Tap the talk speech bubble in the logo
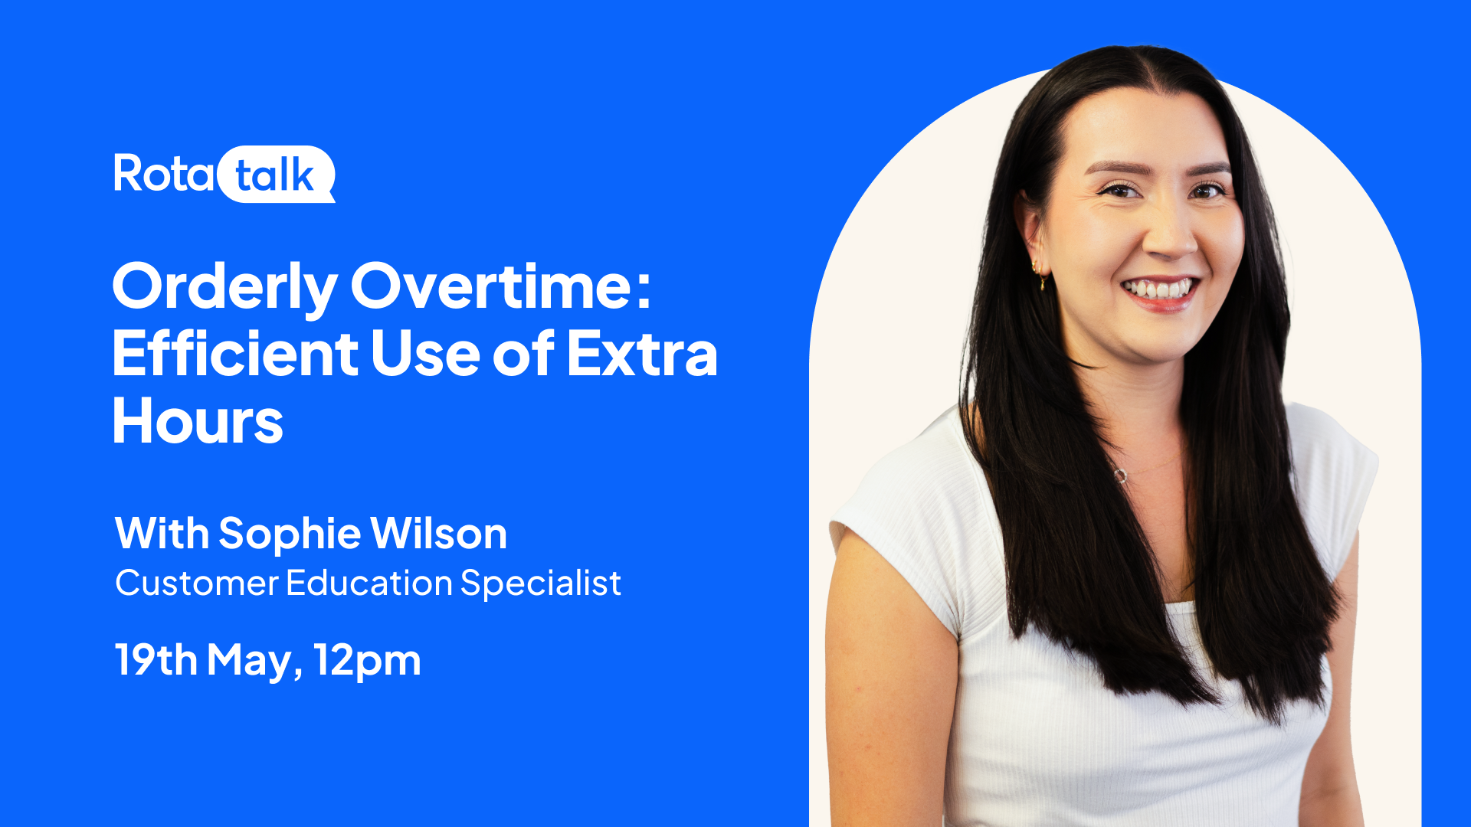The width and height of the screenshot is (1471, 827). tap(277, 174)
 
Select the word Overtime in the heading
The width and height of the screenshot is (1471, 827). tap(491, 286)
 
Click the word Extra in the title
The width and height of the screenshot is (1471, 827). tap(642, 354)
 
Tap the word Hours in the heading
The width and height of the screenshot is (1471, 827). tap(198, 421)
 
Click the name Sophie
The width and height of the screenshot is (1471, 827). tap(290, 534)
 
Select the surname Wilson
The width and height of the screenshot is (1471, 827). tap(439, 533)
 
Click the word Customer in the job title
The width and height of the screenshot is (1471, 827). tap(197, 583)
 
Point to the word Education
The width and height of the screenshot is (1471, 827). tap(369, 583)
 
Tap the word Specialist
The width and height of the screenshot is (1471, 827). tap(541, 583)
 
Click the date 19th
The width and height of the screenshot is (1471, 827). tap(156, 659)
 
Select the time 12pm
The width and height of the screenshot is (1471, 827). tap(368, 661)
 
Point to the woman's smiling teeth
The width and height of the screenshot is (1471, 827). tap(1160, 290)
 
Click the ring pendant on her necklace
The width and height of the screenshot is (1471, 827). tap(1120, 476)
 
